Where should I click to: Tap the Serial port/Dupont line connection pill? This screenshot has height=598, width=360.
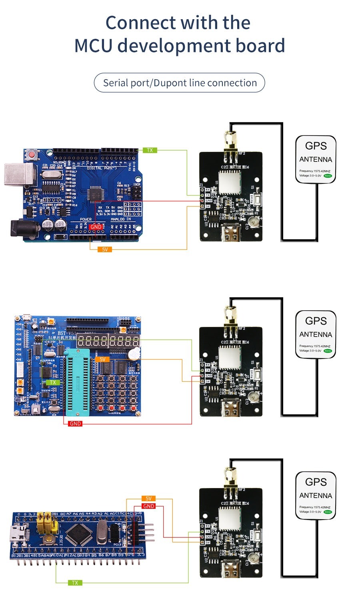click(180, 83)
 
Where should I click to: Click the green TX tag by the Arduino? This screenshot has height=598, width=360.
click(150, 150)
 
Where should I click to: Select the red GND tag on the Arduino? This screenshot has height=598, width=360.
click(96, 227)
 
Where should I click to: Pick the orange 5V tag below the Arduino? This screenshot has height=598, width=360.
click(105, 249)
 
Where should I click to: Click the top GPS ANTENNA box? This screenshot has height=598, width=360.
click(316, 159)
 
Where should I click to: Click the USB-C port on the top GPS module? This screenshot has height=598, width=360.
click(231, 235)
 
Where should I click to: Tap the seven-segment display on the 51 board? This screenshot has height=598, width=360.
click(108, 341)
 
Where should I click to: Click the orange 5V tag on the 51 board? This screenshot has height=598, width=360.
click(102, 359)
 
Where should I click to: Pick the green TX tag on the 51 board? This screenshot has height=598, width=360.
click(53, 383)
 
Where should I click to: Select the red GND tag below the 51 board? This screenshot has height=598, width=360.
click(75, 424)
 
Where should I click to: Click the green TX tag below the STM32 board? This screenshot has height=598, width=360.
click(75, 583)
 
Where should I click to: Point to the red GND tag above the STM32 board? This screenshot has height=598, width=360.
click(148, 506)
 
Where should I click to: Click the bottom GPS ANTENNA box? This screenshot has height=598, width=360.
click(316, 495)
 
